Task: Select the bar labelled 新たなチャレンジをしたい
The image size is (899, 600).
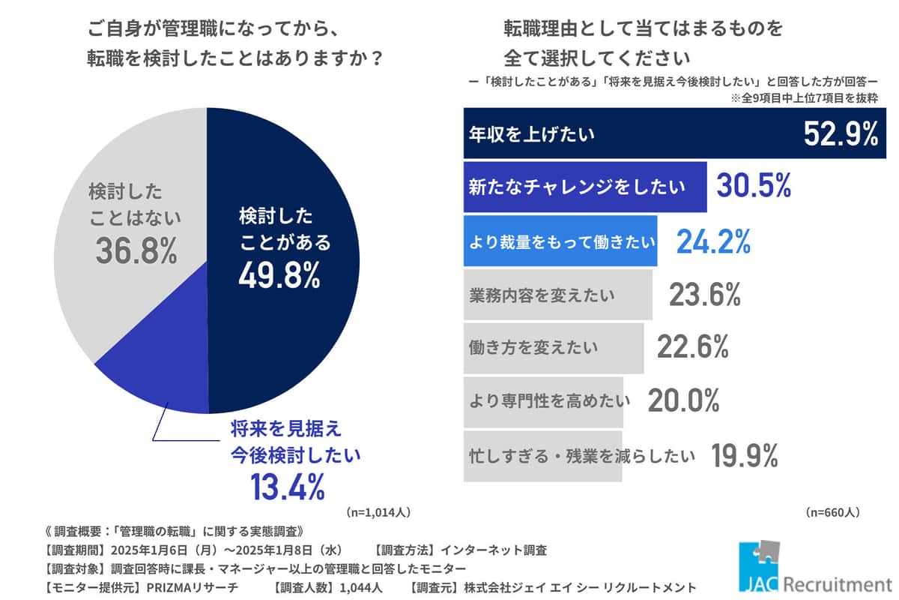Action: [584, 187]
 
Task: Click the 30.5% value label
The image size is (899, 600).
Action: [754, 187]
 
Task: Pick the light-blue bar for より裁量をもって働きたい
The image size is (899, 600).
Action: [560, 241]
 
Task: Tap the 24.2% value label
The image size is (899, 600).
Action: [713, 241]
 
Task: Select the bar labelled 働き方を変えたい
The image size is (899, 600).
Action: [554, 348]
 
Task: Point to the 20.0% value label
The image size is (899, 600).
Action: [683, 401]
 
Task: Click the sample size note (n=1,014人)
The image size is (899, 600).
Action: [378, 514]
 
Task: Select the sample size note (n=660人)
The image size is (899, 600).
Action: [832, 514]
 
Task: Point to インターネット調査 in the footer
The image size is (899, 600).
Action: [498, 550]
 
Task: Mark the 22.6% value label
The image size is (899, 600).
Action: [693, 348]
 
